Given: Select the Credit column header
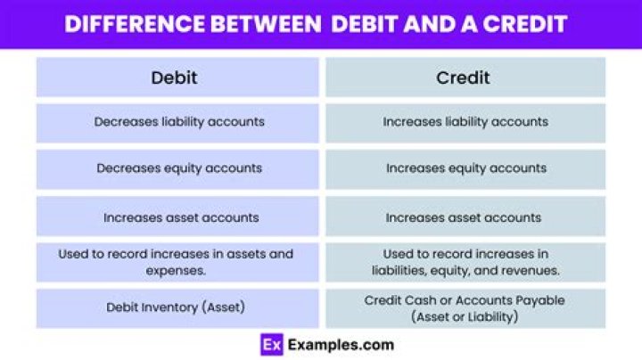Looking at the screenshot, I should pyautogui.click(x=465, y=78).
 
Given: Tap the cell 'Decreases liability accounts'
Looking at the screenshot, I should pyautogui.click(x=179, y=121).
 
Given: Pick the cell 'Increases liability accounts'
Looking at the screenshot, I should pyautogui.click(x=465, y=121).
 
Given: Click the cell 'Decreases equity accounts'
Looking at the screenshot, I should pyautogui.click(x=179, y=168).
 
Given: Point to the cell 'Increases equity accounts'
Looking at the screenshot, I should pyautogui.click(x=465, y=168).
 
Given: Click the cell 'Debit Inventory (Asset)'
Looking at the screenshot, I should pyautogui.click(x=176, y=307).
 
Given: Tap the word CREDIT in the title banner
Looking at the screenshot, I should pyautogui.click(x=523, y=24).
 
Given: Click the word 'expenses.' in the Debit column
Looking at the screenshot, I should pyautogui.click(x=176, y=270).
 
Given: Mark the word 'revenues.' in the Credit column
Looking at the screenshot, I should pyautogui.click(x=531, y=270).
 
